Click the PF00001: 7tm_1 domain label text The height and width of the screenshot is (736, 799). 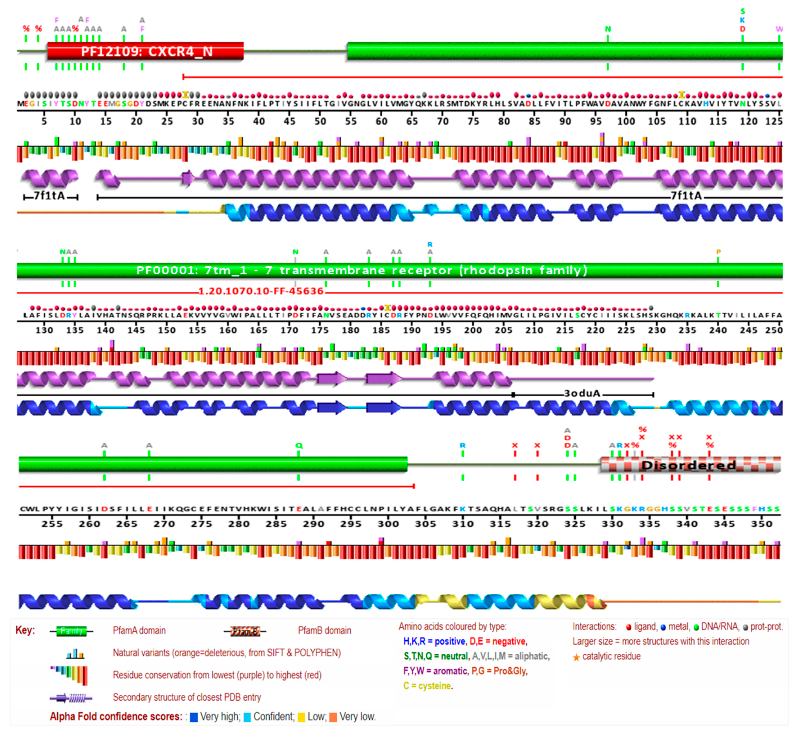[362, 270]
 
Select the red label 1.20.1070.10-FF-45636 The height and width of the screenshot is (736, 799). [261, 291]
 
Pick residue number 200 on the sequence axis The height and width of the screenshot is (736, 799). [473, 330]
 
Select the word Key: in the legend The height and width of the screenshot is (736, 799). [25, 630]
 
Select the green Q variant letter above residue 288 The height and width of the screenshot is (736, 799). [299, 446]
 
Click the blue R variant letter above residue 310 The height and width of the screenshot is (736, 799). [462, 446]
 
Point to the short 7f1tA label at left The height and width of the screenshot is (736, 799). [50, 196]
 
